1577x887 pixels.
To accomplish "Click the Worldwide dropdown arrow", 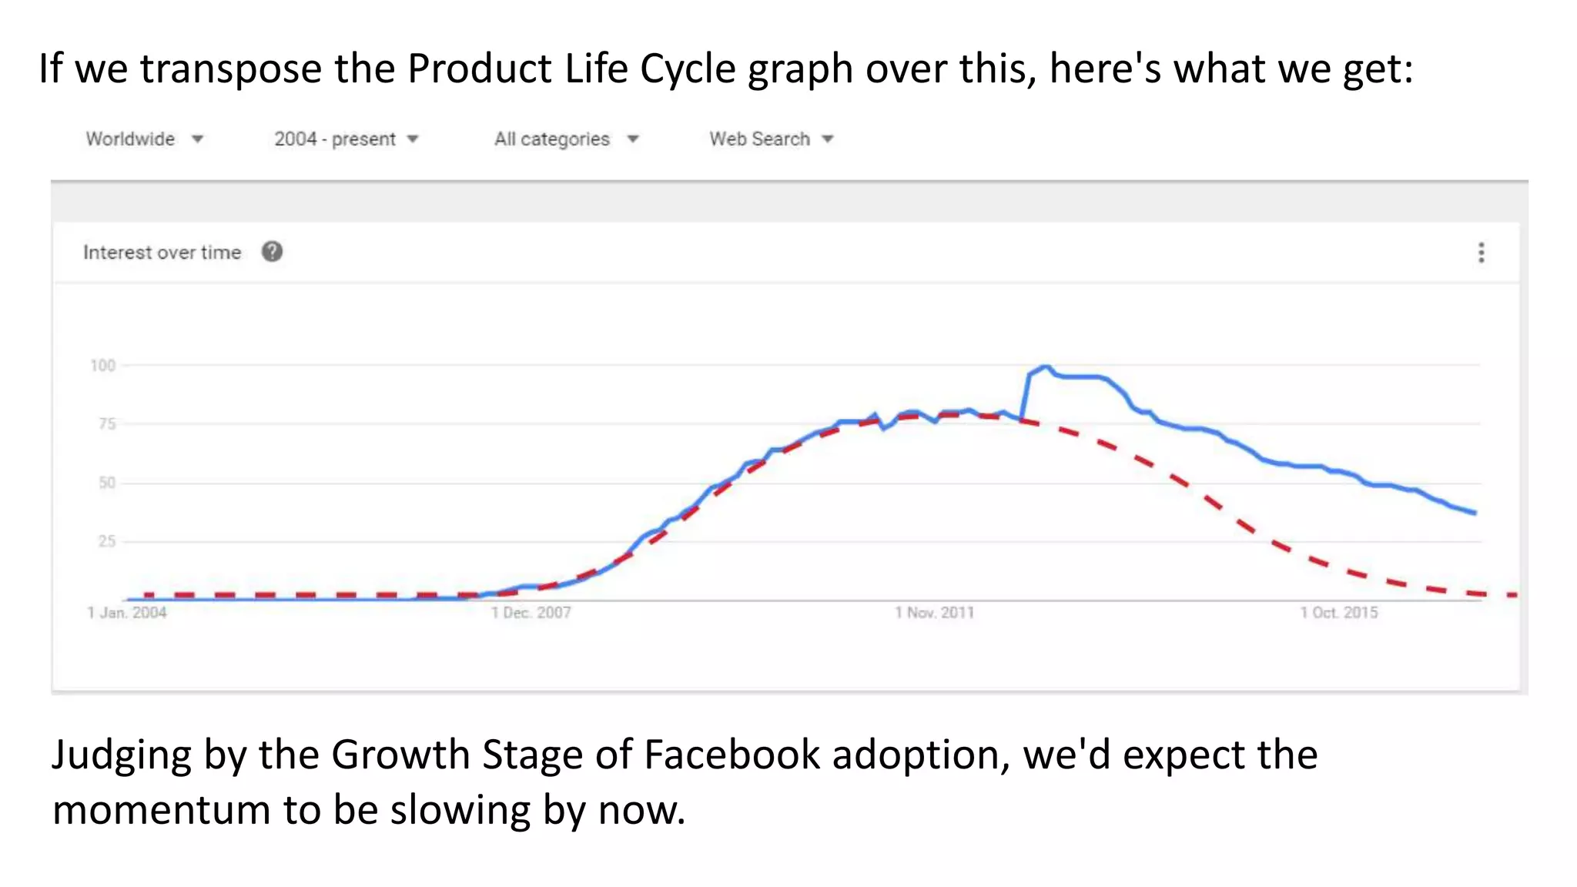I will [197, 139].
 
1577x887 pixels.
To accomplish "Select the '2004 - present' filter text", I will [334, 139].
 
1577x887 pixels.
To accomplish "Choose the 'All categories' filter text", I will [551, 139].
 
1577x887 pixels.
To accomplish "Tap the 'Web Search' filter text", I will [759, 139].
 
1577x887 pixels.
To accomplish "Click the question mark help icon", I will [272, 252].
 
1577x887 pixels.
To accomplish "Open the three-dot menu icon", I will [1481, 253].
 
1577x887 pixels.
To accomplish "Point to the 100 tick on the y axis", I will [102, 366].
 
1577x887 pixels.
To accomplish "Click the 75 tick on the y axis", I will [106, 424].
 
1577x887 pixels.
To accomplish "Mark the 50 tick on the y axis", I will [106, 483].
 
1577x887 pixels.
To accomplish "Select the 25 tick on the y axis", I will [106, 541].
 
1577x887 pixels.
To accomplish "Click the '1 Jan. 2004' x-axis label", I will [127, 613].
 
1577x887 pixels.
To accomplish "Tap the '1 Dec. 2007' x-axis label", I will [531, 613].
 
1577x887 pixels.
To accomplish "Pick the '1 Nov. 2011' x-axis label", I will [934, 613].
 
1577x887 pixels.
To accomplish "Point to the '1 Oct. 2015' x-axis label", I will [1339, 613].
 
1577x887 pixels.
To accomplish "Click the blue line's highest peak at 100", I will [1044, 367].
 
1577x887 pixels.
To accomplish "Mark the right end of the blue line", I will [1474, 513].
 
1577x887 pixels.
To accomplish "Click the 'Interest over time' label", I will [162, 253].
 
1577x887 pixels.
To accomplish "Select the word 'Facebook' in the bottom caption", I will [732, 755].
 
